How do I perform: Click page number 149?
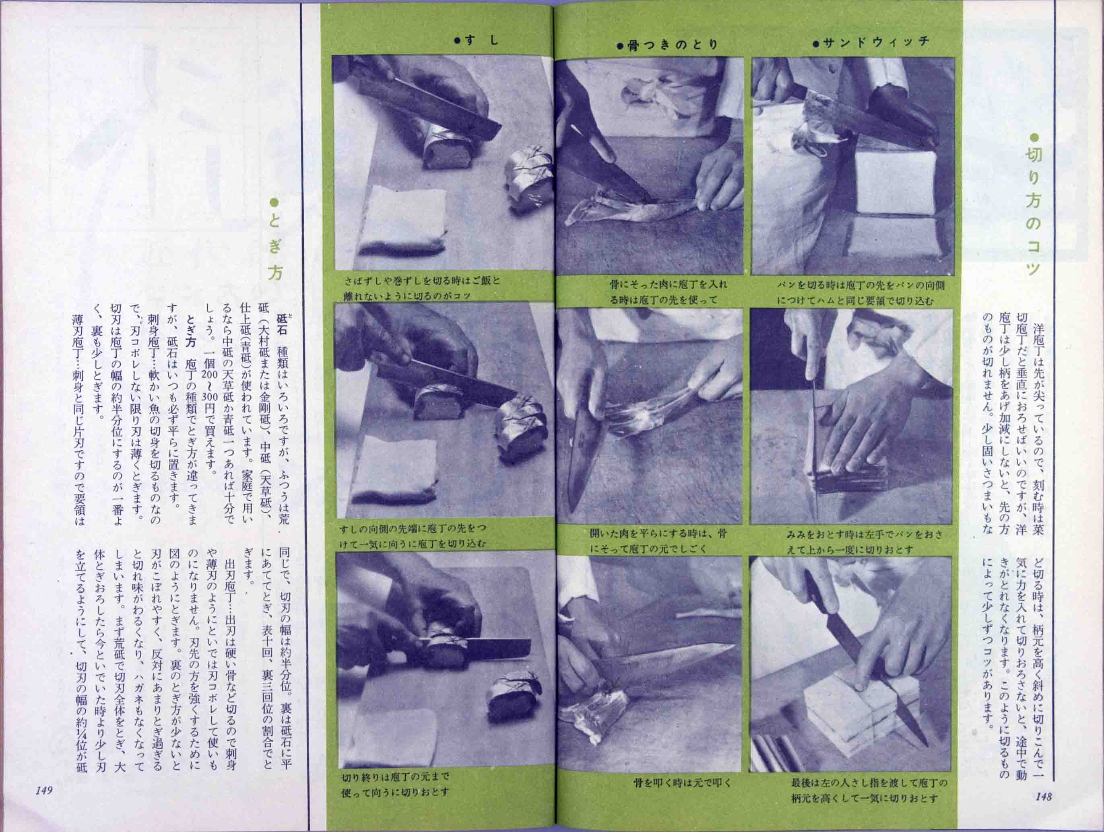(x=44, y=791)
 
